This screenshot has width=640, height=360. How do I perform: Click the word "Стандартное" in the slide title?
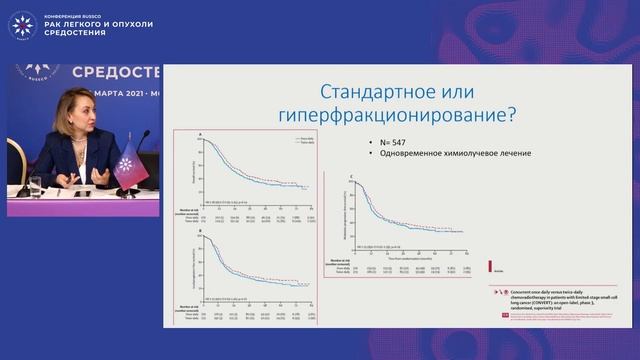click(x=352, y=89)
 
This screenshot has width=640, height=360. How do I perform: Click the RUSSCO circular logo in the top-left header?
click(x=21, y=24)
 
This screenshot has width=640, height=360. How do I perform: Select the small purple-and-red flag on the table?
click(x=129, y=164)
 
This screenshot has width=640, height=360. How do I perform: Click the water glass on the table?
click(x=35, y=185)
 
